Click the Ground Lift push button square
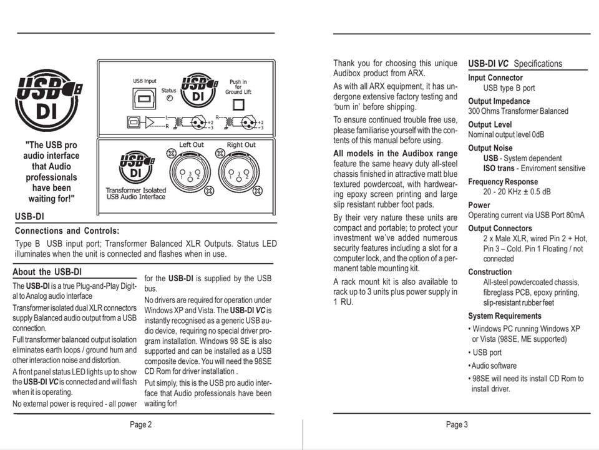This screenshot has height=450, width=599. (237, 104)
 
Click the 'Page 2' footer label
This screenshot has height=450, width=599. (140, 425)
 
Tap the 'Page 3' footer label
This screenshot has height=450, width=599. (457, 425)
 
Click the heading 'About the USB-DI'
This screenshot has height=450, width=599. (47, 272)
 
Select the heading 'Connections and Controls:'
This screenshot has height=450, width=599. (67, 231)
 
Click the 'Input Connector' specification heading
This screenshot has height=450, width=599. (495, 77)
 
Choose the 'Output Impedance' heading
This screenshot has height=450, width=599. (499, 101)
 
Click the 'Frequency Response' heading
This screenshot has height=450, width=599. (503, 182)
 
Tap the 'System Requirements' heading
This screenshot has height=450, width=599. (505, 316)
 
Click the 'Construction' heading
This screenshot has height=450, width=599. (490, 272)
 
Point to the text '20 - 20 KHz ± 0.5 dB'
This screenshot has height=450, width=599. (517, 192)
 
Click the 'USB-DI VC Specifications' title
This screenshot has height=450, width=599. (515, 63)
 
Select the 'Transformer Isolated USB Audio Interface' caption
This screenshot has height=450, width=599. (135, 193)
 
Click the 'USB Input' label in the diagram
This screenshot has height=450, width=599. (145, 81)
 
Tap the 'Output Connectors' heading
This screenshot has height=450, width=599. (500, 228)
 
